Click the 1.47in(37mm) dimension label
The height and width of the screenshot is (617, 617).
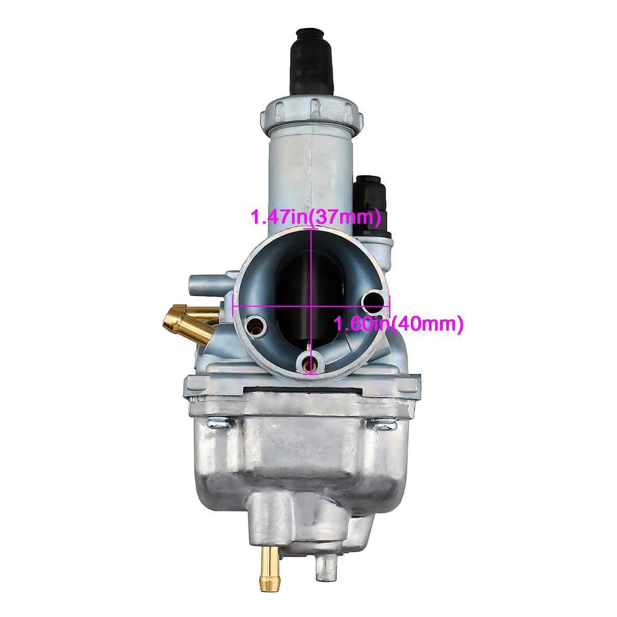pyautogui.click(x=315, y=217)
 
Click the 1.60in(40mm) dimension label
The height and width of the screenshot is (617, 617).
pyautogui.click(x=398, y=324)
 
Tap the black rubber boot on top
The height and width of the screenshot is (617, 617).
pyautogui.click(x=311, y=62)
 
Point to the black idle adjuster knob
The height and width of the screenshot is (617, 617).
pyautogui.click(x=371, y=205)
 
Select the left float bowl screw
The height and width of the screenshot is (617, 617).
pyautogui.click(x=219, y=424)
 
